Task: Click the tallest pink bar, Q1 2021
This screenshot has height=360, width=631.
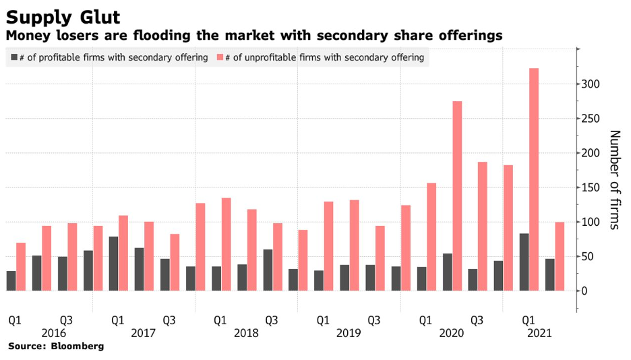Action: (534, 179)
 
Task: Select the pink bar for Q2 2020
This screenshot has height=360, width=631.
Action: (457, 196)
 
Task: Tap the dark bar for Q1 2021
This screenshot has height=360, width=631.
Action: (524, 262)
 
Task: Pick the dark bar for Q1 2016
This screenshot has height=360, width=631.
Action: (11, 280)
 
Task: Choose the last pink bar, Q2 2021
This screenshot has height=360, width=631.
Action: (560, 256)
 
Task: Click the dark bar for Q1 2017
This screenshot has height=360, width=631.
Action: (113, 264)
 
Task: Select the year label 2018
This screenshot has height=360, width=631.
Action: (246, 333)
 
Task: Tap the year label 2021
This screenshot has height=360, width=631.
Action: (539, 333)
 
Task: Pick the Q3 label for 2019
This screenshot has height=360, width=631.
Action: (374, 320)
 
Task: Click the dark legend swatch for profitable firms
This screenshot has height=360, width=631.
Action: (14, 58)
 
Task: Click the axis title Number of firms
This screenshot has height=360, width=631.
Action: (614, 179)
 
